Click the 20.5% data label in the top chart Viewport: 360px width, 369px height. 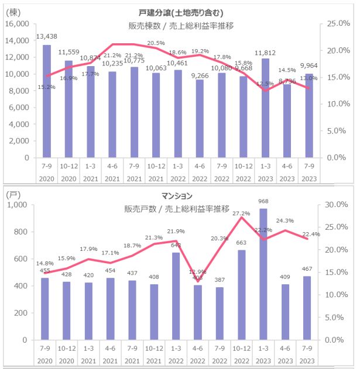(x=156, y=43)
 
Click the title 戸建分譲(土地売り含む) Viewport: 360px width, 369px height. (x=176, y=13)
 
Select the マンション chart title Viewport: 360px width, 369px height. (x=177, y=195)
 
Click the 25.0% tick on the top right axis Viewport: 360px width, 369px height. (x=338, y=24)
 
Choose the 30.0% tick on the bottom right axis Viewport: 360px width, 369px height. (x=338, y=205)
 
